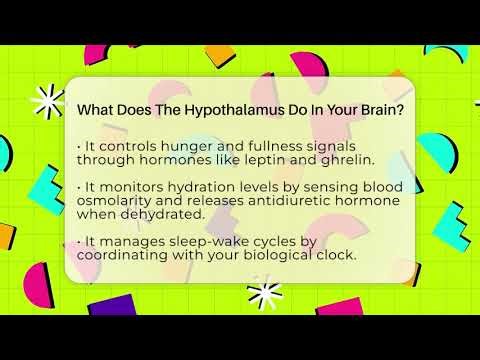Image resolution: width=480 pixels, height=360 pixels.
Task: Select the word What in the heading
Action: tap(96, 109)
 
